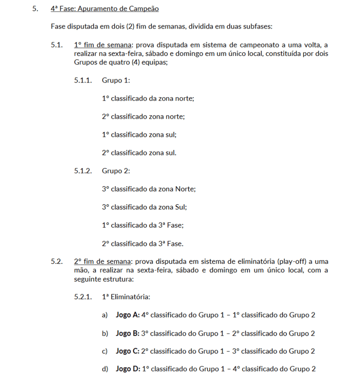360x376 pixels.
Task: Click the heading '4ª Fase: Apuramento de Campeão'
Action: (x=105, y=8)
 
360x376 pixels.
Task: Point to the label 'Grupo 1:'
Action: (x=116, y=80)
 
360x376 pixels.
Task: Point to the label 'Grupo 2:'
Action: (x=116, y=171)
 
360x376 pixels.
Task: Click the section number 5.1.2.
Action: (x=83, y=171)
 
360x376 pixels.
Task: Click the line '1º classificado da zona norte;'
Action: (x=148, y=98)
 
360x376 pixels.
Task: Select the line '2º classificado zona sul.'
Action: (x=139, y=153)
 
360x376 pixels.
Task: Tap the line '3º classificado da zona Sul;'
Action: (x=144, y=207)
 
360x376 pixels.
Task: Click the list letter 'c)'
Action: (x=105, y=351)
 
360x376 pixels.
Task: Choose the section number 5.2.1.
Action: (x=83, y=297)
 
